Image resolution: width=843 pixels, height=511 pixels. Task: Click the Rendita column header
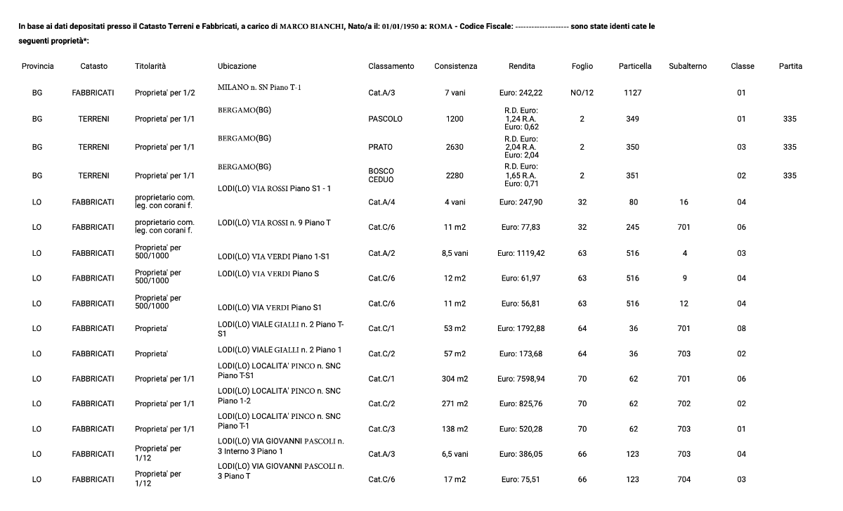pos(521,66)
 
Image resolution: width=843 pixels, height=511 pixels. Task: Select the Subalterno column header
pos(688,66)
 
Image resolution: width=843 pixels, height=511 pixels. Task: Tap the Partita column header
pos(790,66)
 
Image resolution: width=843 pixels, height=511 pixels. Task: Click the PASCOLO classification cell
pos(385,119)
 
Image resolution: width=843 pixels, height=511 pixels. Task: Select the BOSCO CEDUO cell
pos(381,175)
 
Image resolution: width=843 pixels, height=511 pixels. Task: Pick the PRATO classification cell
pos(380,147)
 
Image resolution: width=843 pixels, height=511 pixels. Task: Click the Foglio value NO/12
pos(582,93)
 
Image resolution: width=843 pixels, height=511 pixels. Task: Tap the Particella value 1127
pos(632,93)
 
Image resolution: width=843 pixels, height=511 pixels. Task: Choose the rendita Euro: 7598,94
pos(521,379)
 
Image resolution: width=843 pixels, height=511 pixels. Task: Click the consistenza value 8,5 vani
pos(455,253)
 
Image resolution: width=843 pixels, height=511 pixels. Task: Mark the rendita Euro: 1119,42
pos(521,253)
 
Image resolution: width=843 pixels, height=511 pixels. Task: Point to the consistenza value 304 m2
pos(455,379)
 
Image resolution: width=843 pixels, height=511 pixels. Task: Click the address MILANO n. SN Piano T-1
pos(259,88)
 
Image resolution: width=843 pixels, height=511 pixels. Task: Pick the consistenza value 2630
pos(455,147)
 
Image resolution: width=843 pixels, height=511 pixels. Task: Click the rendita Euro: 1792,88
pos(521,328)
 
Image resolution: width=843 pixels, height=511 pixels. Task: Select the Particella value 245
pos(632,227)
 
